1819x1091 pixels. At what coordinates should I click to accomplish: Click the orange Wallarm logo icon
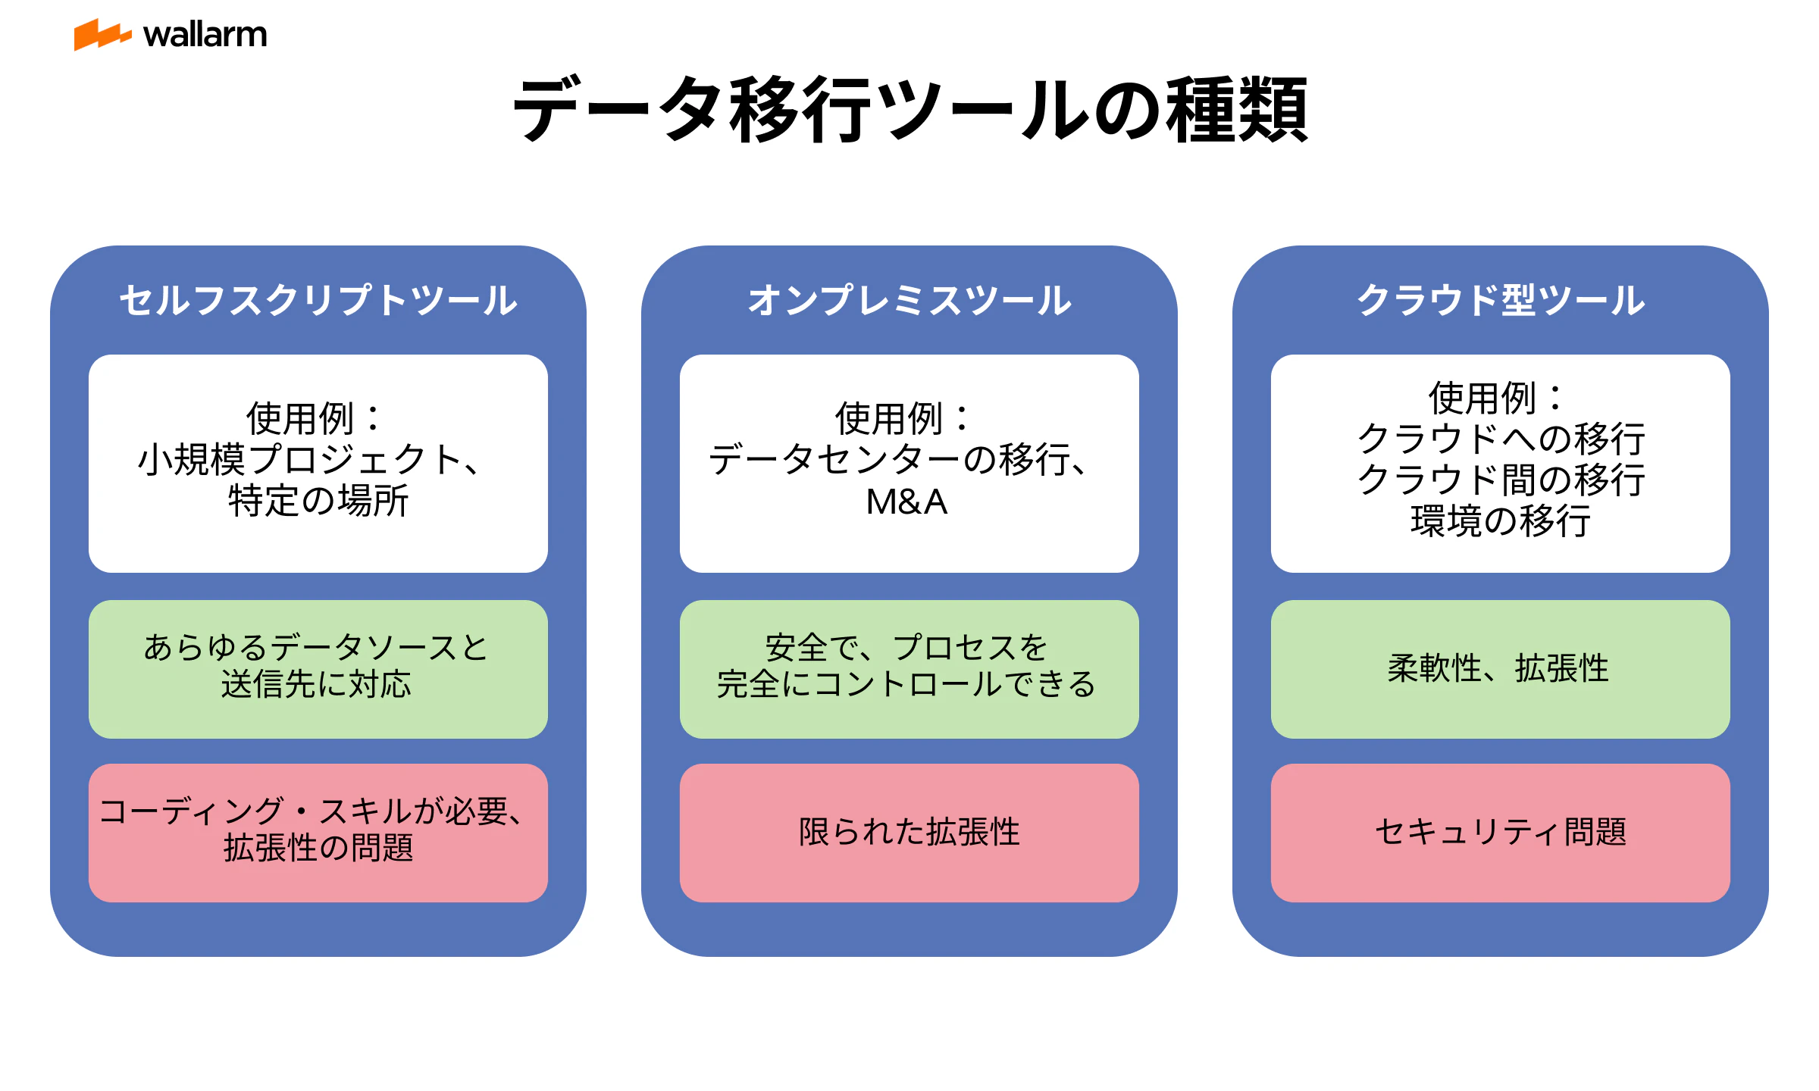[x=102, y=35]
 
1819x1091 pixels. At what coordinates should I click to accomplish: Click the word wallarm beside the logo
[x=205, y=35]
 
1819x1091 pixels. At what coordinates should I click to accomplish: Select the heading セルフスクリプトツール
[x=318, y=300]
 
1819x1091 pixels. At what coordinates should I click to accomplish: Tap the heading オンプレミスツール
[x=909, y=300]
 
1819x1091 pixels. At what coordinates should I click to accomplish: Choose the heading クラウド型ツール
[x=1501, y=300]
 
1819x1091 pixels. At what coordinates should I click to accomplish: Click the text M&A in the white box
[x=907, y=502]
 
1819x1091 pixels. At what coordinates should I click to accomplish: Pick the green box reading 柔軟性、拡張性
[x=1501, y=669]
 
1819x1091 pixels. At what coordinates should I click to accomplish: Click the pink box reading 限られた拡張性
[x=909, y=833]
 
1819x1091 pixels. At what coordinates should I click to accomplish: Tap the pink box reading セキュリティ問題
[x=1501, y=833]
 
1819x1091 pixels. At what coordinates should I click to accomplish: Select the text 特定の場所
[x=318, y=501]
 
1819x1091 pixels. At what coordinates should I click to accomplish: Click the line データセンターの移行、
[x=899, y=460]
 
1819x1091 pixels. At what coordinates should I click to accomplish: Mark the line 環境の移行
[x=1501, y=521]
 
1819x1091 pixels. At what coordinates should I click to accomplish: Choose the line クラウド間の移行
[x=1501, y=480]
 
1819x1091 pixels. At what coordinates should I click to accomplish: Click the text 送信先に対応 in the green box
[x=316, y=684]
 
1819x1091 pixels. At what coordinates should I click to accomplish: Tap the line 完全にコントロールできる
[x=906, y=684]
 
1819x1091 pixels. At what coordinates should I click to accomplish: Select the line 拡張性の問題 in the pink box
[x=318, y=848]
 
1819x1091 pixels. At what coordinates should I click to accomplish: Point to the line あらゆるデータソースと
[x=316, y=648]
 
